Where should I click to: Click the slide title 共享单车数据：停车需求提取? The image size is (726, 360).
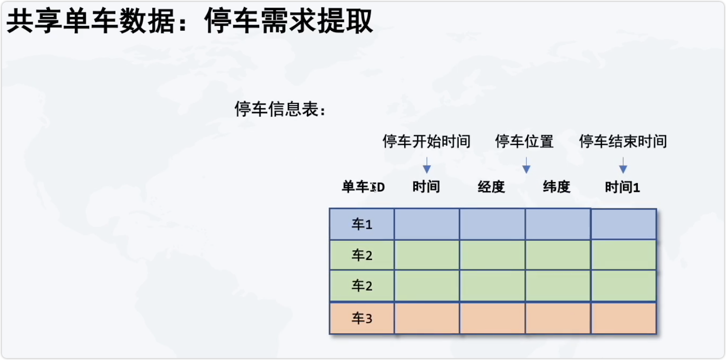pyautogui.click(x=190, y=22)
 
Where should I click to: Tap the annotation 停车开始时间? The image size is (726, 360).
pyautogui.click(x=427, y=141)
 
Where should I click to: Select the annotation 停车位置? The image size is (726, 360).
pyautogui.click(x=524, y=141)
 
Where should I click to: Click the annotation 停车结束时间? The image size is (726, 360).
pyautogui.click(x=623, y=141)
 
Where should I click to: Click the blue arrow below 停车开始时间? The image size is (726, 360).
pyautogui.click(x=427, y=165)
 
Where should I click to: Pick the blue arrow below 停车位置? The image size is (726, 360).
pyautogui.click(x=526, y=165)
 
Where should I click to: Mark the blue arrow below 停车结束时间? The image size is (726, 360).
pyautogui.click(x=623, y=165)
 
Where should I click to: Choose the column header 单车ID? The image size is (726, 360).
pyautogui.click(x=363, y=187)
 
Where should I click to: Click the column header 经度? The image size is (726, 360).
pyautogui.click(x=491, y=187)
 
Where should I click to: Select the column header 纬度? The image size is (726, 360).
pyautogui.click(x=556, y=187)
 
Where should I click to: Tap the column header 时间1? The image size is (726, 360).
pyautogui.click(x=622, y=187)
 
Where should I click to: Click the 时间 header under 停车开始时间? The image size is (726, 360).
pyautogui.click(x=426, y=187)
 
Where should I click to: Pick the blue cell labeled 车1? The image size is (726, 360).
pyautogui.click(x=362, y=224)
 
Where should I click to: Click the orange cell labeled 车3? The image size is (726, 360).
pyautogui.click(x=362, y=318)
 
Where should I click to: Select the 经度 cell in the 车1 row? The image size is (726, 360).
pyautogui.click(x=492, y=224)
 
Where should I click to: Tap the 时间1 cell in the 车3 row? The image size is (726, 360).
pyautogui.click(x=624, y=318)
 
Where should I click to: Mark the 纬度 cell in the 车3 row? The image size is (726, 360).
pyautogui.click(x=558, y=318)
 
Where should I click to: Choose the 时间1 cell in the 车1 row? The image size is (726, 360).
pyautogui.click(x=624, y=224)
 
